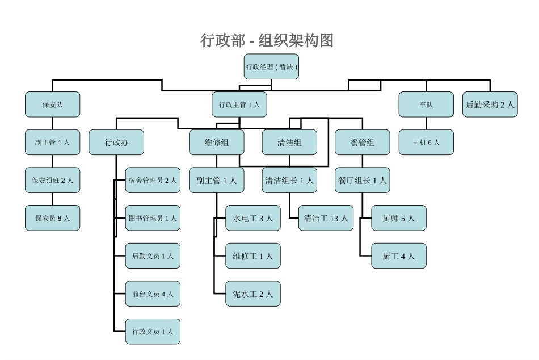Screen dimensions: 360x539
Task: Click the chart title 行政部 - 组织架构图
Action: pyautogui.click(x=267, y=40)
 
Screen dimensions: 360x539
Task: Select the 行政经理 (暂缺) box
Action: pyautogui.click(x=271, y=66)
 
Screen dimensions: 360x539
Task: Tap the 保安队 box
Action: pyautogui.click(x=52, y=104)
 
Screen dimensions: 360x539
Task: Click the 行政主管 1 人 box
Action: pyautogui.click(x=239, y=104)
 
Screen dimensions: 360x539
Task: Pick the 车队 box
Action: pyautogui.click(x=426, y=104)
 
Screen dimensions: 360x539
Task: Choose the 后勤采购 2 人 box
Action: pyautogui.click(x=490, y=104)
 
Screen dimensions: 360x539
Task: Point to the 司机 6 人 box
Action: pyautogui.click(x=426, y=143)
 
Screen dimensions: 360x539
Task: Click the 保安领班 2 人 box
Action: pyautogui.click(x=52, y=181)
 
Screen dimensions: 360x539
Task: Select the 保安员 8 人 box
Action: pyautogui.click(x=52, y=218)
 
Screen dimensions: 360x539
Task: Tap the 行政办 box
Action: pyautogui.click(x=116, y=143)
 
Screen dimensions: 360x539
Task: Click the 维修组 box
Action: pyautogui.click(x=217, y=143)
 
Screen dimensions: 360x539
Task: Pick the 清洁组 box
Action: pyautogui.click(x=289, y=143)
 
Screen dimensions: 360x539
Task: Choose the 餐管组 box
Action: pyautogui.click(x=363, y=143)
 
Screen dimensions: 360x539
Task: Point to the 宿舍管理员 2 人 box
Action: pyautogui.click(x=153, y=181)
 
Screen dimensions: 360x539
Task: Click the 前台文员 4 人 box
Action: pyautogui.click(x=153, y=294)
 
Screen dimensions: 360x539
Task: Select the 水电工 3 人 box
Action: pyautogui.click(x=253, y=218)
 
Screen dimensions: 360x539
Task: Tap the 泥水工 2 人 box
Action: pyautogui.click(x=253, y=294)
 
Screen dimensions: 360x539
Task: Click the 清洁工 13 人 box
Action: pyautogui.click(x=326, y=218)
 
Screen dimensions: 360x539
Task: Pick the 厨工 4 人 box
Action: pyautogui.click(x=399, y=256)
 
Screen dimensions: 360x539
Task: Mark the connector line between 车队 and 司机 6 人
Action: pyautogui.click(x=426, y=123)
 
